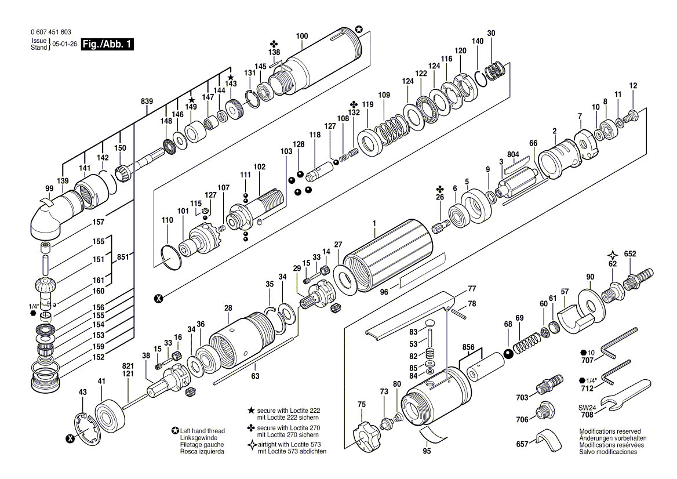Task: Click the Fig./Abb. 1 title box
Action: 107,44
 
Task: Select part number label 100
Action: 302,36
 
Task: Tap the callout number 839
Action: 147,101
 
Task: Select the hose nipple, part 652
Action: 639,274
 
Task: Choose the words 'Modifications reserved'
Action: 610,431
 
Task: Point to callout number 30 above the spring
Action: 491,33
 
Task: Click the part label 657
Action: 522,444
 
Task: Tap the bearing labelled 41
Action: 110,412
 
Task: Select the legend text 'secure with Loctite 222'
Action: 289,411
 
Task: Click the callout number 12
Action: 633,86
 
